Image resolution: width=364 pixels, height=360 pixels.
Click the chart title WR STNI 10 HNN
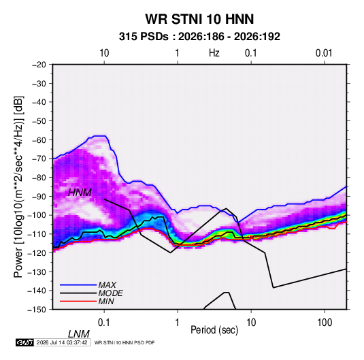pyautogui.click(x=199, y=19)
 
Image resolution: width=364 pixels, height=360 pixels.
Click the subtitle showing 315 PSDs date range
pyautogui.click(x=199, y=37)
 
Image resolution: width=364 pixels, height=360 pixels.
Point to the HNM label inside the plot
pyautogui.click(x=80, y=193)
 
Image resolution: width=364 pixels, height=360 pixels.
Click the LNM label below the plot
pyautogui.click(x=79, y=334)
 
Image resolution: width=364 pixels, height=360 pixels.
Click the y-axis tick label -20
pyautogui.click(x=39, y=65)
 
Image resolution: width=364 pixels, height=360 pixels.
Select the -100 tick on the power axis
pyautogui.click(x=37, y=215)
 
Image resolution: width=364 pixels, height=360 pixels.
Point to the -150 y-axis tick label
pyautogui.click(x=37, y=310)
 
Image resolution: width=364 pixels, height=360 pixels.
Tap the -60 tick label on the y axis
pyautogui.click(x=39, y=140)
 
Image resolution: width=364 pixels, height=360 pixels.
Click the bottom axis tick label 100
pyautogui.click(x=325, y=323)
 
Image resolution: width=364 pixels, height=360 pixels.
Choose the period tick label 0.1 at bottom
pyautogui.click(x=104, y=323)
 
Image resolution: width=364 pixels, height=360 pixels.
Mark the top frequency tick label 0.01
pyautogui.click(x=324, y=53)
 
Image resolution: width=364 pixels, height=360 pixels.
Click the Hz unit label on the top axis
pyautogui.click(x=214, y=53)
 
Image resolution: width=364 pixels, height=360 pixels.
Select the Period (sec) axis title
pyautogui.click(x=214, y=330)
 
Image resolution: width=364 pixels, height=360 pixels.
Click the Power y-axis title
pyautogui.click(x=18, y=186)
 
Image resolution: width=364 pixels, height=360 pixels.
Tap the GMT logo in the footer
pyautogui.click(x=25, y=342)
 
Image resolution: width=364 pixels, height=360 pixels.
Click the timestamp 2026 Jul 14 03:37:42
pyautogui.click(x=62, y=342)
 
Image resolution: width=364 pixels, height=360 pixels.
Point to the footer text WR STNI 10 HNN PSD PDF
pyautogui.click(x=125, y=342)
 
